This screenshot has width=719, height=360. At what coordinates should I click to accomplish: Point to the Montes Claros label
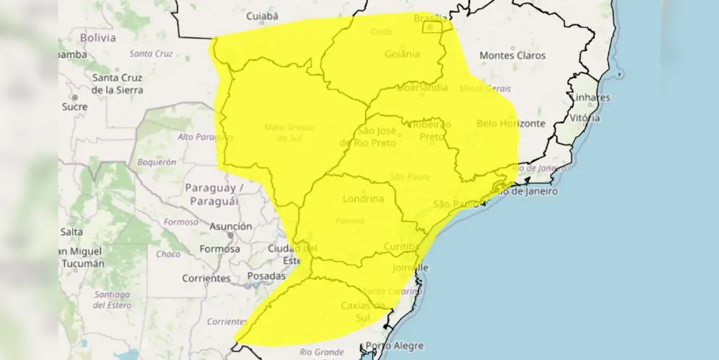tap(512, 55)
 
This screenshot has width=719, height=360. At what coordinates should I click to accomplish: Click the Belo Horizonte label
tap(511, 123)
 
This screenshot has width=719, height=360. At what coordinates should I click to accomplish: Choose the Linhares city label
tap(591, 97)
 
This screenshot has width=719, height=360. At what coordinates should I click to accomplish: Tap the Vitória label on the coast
tap(584, 117)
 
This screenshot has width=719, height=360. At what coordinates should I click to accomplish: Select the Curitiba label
tap(402, 247)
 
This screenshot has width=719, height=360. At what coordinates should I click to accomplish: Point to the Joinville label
tap(410, 268)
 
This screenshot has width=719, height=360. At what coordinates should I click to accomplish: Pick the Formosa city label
tap(220, 248)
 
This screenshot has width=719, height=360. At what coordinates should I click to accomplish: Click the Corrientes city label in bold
tap(206, 277)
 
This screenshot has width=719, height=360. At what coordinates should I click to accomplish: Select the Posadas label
tap(266, 276)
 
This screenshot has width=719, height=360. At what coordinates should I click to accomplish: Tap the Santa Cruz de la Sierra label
tap(117, 84)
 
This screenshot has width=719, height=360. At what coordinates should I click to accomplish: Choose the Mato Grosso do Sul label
tap(290, 131)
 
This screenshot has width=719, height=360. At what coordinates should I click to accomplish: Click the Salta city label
tap(71, 232)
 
